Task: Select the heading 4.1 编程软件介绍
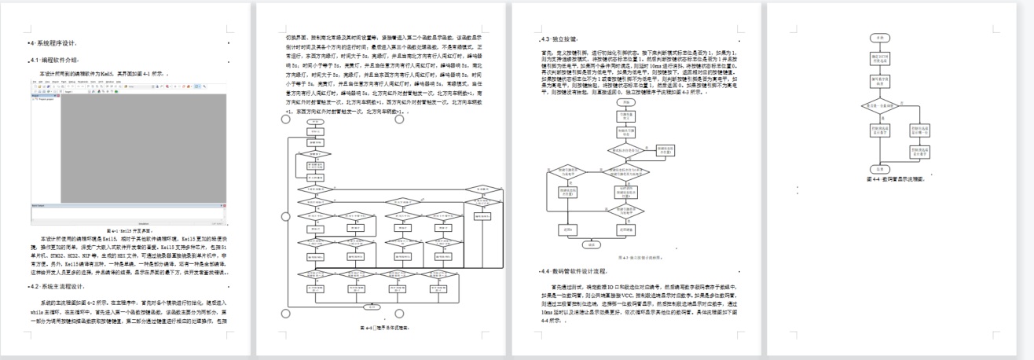point(55,60)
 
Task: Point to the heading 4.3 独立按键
point(560,39)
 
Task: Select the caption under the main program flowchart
point(383,327)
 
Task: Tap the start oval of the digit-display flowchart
point(881,38)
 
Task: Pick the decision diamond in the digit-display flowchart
point(881,105)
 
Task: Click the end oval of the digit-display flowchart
point(881,168)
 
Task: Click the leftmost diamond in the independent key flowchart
point(566,170)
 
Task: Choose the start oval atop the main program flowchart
point(314,122)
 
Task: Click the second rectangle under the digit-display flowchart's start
point(881,80)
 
